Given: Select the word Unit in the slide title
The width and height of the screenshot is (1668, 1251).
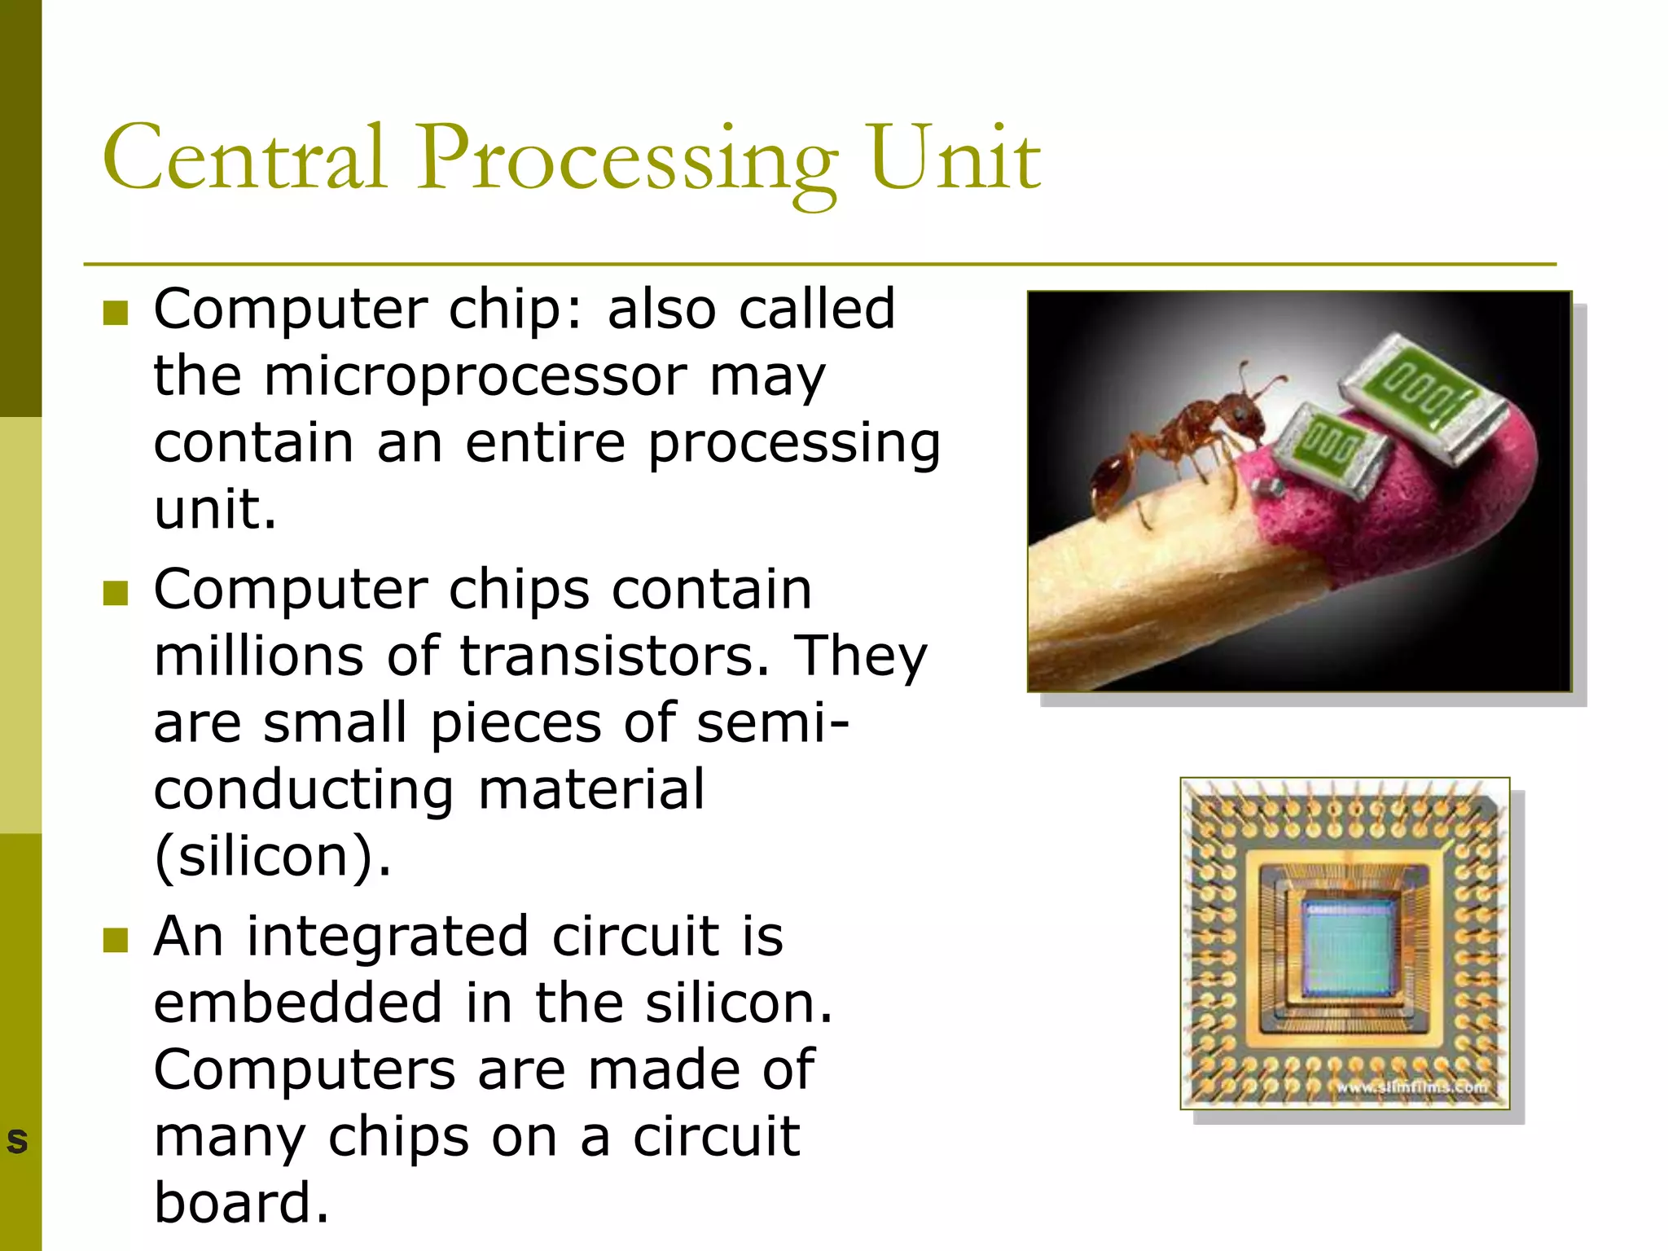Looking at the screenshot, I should [955, 157].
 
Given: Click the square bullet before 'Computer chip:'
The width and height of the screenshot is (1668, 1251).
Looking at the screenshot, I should [116, 312].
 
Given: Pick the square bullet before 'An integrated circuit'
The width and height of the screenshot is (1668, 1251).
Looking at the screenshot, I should [116, 940].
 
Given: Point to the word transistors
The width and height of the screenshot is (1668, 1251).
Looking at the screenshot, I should [614, 656].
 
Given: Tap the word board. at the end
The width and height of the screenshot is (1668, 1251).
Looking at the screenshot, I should [241, 1203].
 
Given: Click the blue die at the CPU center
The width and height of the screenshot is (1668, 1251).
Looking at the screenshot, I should [1345, 948].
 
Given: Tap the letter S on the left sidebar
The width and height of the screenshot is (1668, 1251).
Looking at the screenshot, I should [17, 1140].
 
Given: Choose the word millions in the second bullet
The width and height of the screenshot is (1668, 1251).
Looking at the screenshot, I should [258, 656].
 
